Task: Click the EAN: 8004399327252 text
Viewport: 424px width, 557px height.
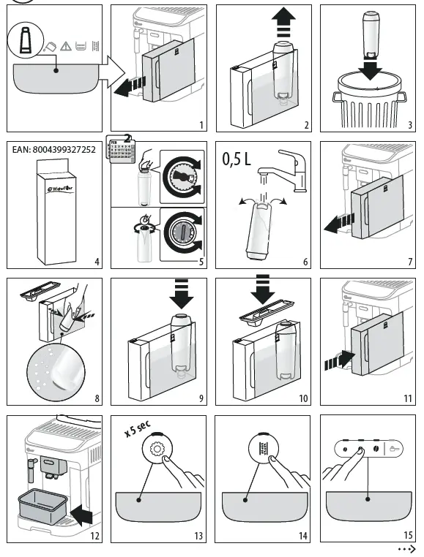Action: point(54,150)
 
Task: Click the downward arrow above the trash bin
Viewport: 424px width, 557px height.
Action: point(371,70)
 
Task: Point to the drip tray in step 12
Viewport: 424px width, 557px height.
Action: point(41,506)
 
